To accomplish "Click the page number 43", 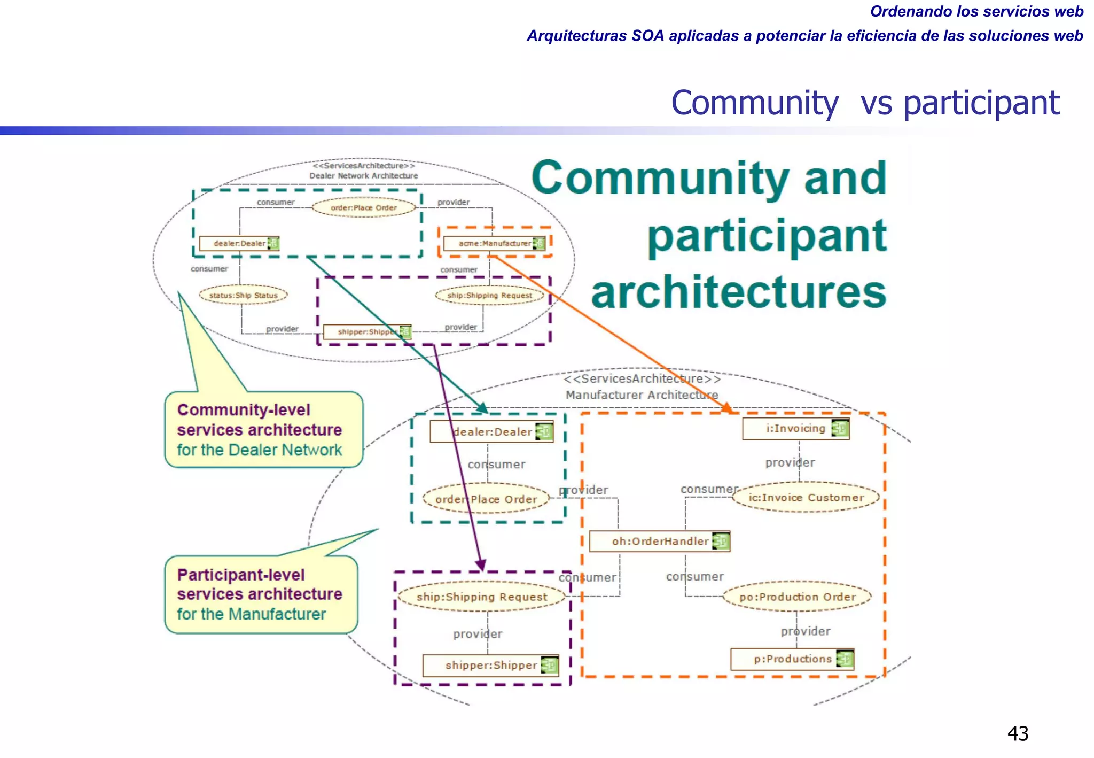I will click(x=1017, y=733).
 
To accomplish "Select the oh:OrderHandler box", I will click(x=659, y=541).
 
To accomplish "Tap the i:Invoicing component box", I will click(x=795, y=429).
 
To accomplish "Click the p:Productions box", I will click(x=792, y=659).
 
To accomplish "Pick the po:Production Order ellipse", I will click(x=797, y=597).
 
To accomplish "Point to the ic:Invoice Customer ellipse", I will click(x=806, y=498).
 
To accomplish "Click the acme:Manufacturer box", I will click(x=494, y=243).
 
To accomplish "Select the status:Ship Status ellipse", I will click(x=243, y=295).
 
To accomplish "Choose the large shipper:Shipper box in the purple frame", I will click(x=490, y=666).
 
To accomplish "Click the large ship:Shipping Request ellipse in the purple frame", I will click(x=481, y=597).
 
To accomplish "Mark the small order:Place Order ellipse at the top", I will click(x=363, y=207).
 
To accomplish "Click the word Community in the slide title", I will click(x=754, y=103).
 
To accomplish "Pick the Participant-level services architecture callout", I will click(x=261, y=594).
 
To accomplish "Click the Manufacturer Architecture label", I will click(x=642, y=395).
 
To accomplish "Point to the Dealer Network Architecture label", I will click(x=363, y=175).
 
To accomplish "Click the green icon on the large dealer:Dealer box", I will click(x=544, y=431).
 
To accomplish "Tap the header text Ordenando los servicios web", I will click(x=976, y=11).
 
